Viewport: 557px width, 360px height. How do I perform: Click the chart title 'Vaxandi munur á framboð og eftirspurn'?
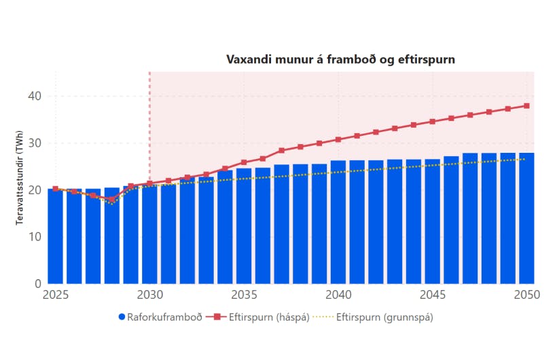340,60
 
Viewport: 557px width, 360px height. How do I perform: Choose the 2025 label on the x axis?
56,295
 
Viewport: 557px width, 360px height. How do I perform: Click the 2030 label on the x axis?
149,295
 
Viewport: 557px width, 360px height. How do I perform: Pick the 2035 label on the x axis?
244,295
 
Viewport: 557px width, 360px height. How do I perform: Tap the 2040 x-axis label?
338,295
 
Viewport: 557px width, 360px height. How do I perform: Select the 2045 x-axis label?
433,295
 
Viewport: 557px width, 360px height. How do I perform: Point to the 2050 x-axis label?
526,295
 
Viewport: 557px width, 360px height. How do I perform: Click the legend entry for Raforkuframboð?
160,317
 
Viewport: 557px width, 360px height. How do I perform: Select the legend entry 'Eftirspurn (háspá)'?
261,317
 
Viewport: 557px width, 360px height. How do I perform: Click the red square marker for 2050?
526,106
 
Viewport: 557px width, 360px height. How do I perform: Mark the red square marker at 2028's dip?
112,200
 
